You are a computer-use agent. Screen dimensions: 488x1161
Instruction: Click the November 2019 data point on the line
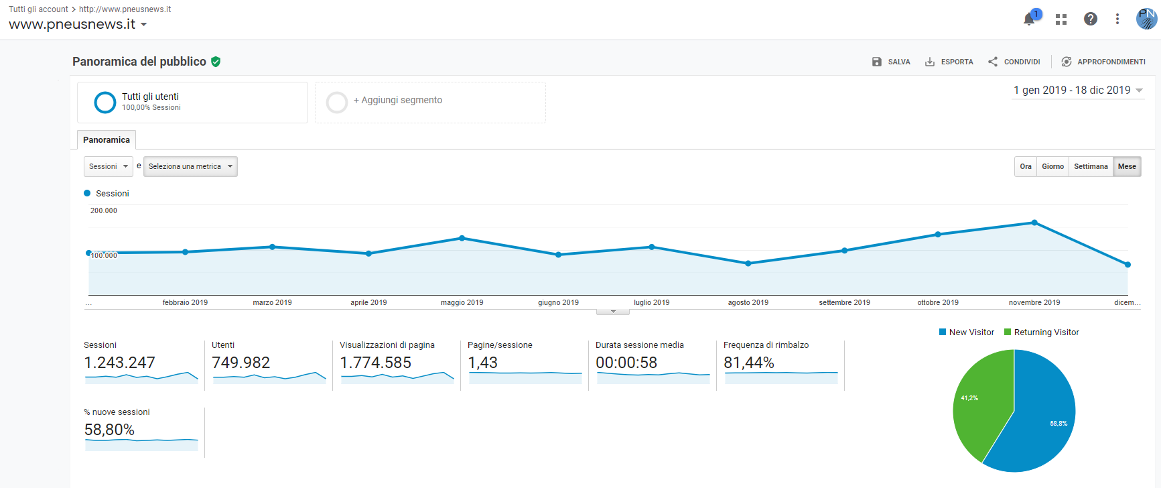click(1034, 223)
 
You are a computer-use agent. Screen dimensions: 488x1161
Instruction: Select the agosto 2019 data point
click(748, 263)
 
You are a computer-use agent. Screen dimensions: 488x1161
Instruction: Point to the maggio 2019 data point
click(462, 238)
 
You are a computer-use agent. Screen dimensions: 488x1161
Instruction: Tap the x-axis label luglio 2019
click(651, 302)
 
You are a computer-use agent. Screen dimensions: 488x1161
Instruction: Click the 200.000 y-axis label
click(104, 210)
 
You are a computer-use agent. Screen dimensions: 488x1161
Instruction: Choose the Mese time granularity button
click(1127, 166)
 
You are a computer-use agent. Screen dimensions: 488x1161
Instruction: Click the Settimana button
click(1091, 166)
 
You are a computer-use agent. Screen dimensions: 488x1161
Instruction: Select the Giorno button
click(1052, 166)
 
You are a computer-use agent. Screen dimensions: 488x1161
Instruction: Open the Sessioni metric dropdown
click(108, 166)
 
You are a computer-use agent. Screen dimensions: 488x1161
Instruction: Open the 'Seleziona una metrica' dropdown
click(190, 166)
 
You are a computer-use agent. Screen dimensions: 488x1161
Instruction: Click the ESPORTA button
click(949, 62)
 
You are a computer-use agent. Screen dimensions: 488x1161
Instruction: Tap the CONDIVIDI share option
click(1014, 62)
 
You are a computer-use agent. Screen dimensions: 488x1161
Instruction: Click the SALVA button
click(891, 62)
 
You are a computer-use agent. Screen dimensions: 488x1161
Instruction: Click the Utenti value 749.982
click(241, 363)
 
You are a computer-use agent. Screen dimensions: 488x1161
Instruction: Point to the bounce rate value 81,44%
click(748, 363)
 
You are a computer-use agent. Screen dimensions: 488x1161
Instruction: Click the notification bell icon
click(1029, 19)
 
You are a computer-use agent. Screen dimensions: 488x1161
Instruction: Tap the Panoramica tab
click(107, 140)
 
